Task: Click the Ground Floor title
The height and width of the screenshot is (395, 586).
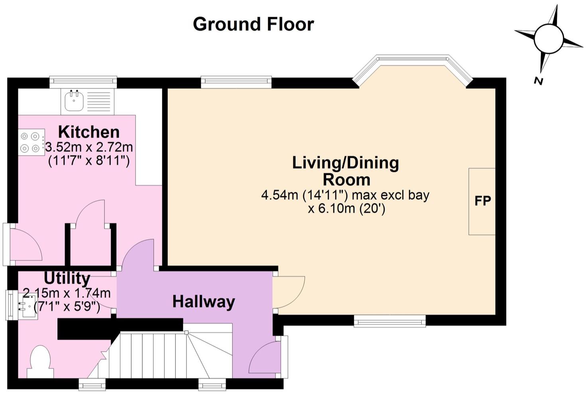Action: pos(253,24)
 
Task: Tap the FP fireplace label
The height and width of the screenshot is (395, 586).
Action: pos(483,201)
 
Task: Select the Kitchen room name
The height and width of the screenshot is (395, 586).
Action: pos(88,132)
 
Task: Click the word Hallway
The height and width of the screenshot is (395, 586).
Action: pos(204,302)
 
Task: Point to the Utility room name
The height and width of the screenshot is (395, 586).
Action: pos(67,278)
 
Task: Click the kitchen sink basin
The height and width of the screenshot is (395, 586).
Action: pos(74,100)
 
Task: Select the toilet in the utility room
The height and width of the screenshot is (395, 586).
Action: pos(40,362)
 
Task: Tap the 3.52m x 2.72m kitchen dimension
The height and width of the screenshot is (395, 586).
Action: pos(89,147)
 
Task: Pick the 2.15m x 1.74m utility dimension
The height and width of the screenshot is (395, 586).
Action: pos(67,293)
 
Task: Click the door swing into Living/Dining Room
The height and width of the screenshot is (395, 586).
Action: pos(289,292)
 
